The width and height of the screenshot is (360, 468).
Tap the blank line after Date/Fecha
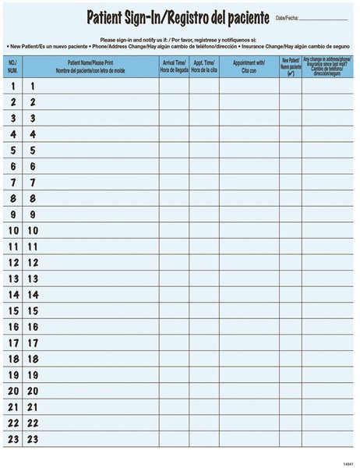pos(323,18)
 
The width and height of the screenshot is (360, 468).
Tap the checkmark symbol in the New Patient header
pos(290,73)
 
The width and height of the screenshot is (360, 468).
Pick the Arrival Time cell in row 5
pos(173,150)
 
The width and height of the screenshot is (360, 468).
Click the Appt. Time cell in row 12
pos(203,263)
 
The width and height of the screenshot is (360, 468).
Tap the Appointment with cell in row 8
pos(249,198)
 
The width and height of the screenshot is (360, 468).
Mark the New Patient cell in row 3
pos(290,118)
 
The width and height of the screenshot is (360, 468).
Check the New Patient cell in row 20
pos(290,391)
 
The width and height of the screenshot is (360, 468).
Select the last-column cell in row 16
pos(327,327)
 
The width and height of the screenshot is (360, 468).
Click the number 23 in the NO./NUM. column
pos(13,439)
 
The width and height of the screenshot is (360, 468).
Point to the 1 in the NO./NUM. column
pos(13,86)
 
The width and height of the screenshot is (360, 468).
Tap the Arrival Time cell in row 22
pos(173,423)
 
